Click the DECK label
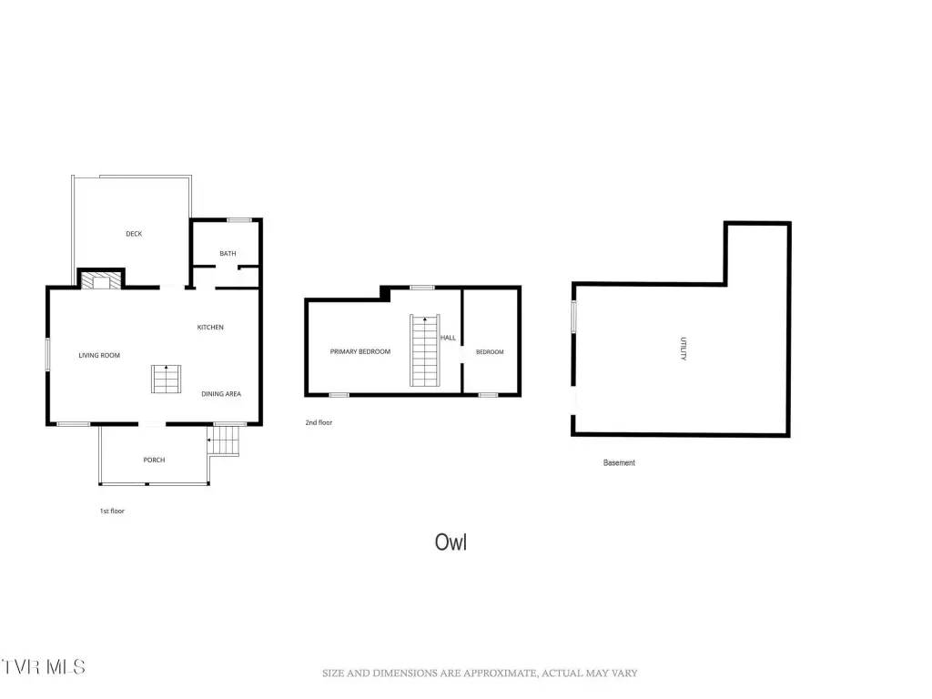tap(134, 234)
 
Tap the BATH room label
tap(228, 253)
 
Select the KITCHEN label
tap(210, 327)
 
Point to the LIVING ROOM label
tap(99, 356)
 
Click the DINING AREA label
tap(221, 393)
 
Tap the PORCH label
tap(154, 460)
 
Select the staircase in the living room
tap(166, 380)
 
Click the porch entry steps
tap(224, 441)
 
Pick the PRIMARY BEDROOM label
tap(360, 352)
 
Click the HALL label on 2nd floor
tap(448, 338)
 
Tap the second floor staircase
tap(425, 350)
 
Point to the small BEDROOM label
tap(490, 352)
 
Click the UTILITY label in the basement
tap(684, 349)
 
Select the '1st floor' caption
tap(112, 511)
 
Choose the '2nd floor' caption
tap(319, 422)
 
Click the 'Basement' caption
tap(619, 462)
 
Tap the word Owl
tap(451, 542)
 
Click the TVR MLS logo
tap(43, 667)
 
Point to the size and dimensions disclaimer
tap(480, 673)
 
